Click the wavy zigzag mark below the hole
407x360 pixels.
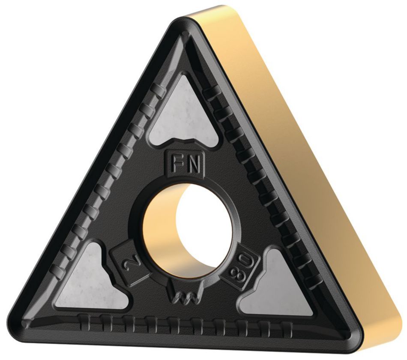pyautogui.click(x=185, y=296)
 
